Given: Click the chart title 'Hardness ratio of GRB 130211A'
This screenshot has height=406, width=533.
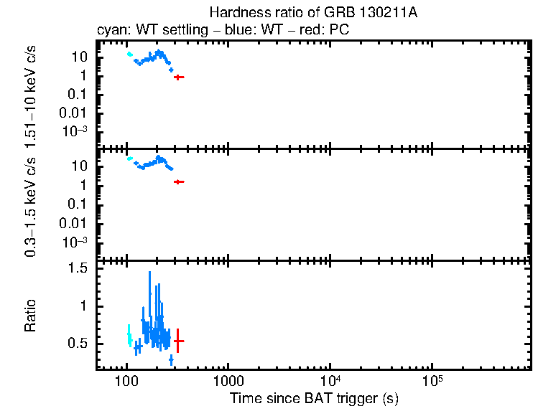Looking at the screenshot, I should pos(312,13).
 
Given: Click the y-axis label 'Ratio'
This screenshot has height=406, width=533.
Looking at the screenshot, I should pos(31,316).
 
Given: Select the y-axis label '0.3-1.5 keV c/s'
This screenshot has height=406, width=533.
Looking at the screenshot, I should pos(31,207).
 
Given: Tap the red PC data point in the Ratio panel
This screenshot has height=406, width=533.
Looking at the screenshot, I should pos(177,341).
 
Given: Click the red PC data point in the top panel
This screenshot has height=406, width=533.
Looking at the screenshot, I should pos(178,77).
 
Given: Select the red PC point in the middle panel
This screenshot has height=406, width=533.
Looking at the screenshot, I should pos(178,182).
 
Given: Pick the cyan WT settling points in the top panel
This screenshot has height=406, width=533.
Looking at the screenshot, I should pos(129,54).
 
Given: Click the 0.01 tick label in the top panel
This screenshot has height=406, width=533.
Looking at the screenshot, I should pos(76,113).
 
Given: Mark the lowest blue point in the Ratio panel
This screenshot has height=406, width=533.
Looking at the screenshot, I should pos(171,359).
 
